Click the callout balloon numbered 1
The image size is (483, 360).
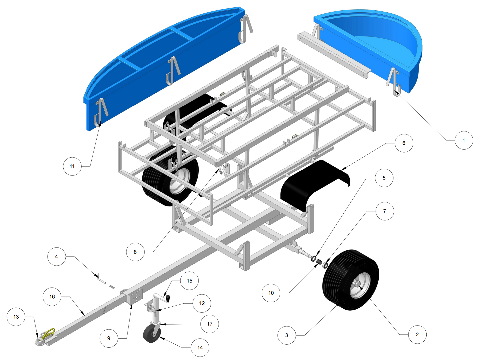464,140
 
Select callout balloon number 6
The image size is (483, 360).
404,143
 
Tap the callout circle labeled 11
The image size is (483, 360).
72,166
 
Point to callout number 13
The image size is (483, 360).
16,317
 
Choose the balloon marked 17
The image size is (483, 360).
210,324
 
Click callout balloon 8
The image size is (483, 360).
135,252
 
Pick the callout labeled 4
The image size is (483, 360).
56,256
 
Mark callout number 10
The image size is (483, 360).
271,293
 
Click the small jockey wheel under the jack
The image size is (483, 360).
152,334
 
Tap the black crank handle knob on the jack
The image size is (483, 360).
168,299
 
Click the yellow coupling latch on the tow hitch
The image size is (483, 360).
49,333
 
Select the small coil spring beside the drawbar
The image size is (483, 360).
112,287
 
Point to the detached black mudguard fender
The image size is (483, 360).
315,185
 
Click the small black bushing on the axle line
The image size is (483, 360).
319,262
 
